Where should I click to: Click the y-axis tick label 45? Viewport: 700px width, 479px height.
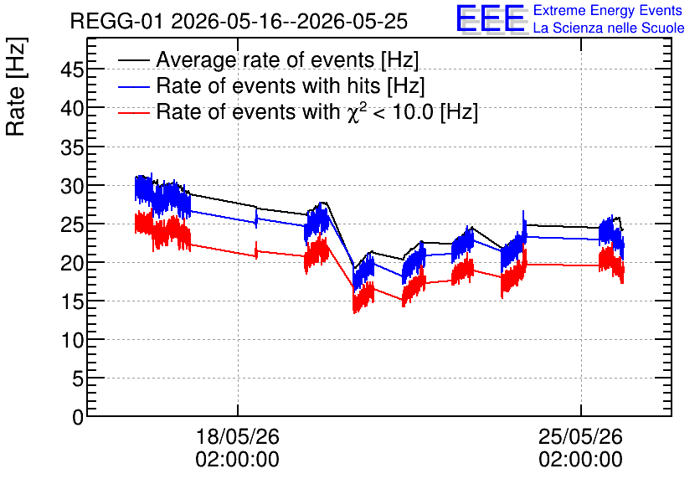click(72, 70)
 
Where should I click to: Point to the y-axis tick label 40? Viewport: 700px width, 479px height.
click(72, 109)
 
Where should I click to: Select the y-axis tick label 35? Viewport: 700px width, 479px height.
click(72, 147)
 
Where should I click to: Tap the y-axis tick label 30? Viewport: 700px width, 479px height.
click(72, 186)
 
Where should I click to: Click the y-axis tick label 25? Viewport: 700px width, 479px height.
click(72, 224)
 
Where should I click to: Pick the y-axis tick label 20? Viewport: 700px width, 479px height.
click(72, 264)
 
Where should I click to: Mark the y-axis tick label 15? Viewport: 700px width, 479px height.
click(72, 302)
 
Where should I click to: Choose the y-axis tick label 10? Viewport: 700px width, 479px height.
click(72, 341)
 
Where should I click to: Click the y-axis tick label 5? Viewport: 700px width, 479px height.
click(78, 379)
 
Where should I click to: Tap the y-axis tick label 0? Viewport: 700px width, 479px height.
click(78, 418)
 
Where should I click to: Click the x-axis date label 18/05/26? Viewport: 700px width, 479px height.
click(238, 436)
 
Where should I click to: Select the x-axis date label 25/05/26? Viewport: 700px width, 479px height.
click(580, 436)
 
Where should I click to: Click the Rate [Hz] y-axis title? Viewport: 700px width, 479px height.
click(16, 86)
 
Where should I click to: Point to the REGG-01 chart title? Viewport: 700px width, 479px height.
click(239, 21)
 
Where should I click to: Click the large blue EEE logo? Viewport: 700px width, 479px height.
click(491, 18)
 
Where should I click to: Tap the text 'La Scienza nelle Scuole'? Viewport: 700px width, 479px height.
click(609, 28)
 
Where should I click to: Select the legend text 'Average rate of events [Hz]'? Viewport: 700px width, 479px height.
click(287, 59)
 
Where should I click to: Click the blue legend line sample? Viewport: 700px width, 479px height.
click(133, 86)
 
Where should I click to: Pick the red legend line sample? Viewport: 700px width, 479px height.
click(133, 112)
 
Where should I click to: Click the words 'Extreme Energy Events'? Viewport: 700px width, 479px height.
click(608, 10)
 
